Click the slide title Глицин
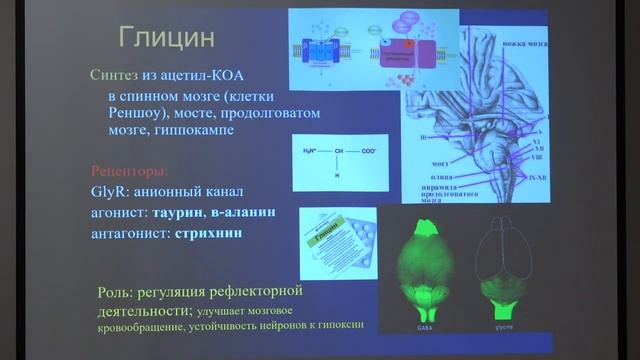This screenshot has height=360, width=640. [166, 40]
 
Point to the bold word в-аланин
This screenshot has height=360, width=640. [241, 212]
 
